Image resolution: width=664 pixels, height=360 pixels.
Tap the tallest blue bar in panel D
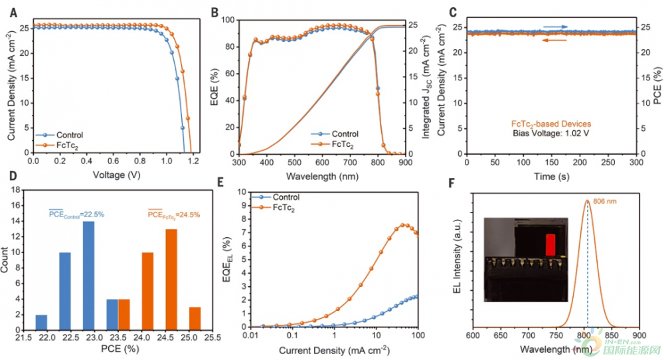88,275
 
